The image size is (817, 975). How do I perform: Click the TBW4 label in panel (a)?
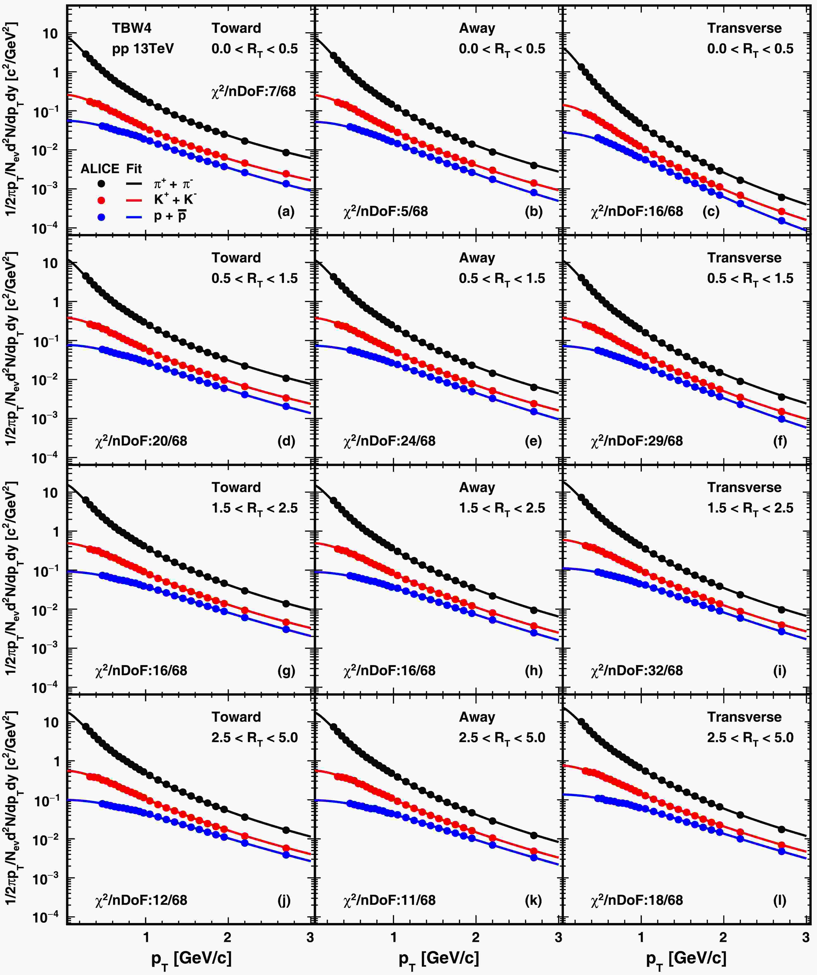pyautogui.click(x=132, y=28)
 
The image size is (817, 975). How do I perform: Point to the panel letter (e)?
pyautogui.click(x=533, y=441)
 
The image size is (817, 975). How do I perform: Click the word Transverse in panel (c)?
pyautogui.click(x=744, y=28)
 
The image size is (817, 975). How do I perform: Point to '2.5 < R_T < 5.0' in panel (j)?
pyautogui.click(x=255, y=738)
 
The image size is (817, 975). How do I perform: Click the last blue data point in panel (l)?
pyautogui.click(x=781, y=852)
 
